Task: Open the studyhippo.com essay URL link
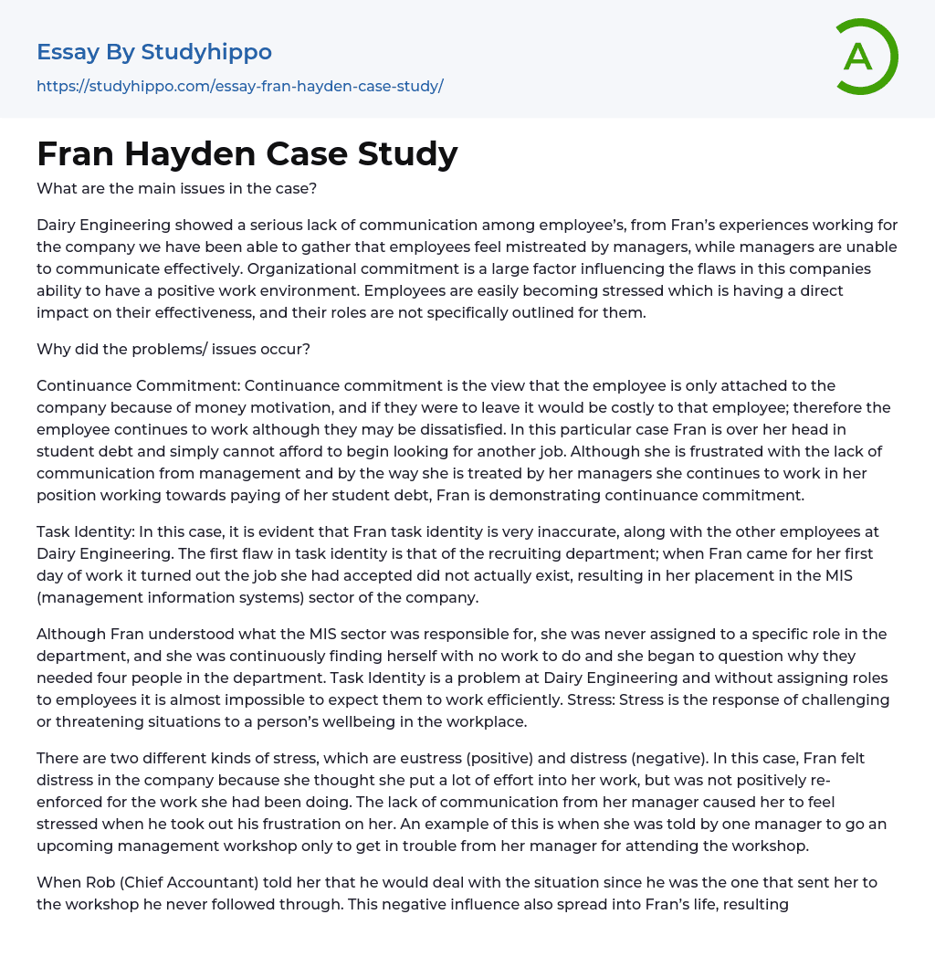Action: [x=239, y=87]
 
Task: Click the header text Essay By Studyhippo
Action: [x=153, y=52]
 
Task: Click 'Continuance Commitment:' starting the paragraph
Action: [x=138, y=385]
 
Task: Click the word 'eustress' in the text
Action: [x=467, y=758]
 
